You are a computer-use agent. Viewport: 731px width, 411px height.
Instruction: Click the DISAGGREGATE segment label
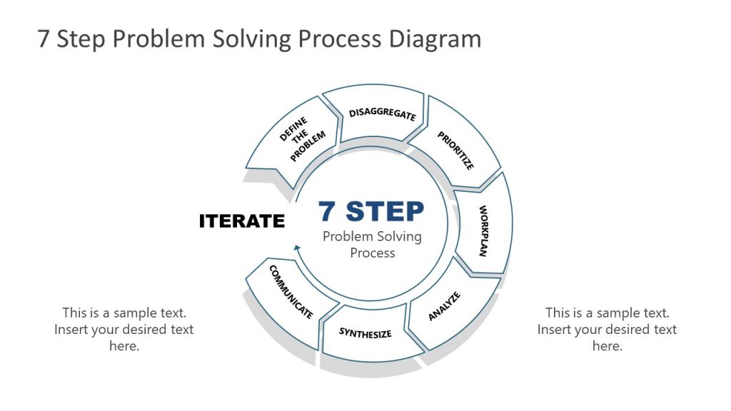point(382,114)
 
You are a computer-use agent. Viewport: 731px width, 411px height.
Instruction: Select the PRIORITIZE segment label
point(455,151)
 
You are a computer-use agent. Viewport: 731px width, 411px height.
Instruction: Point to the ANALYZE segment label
point(444,306)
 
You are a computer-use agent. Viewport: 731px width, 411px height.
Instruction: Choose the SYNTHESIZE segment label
point(365,333)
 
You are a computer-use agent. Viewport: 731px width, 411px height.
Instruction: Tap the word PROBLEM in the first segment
point(308,147)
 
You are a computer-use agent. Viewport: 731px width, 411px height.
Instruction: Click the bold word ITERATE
point(241,221)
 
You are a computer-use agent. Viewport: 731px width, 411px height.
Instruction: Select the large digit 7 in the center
point(327,211)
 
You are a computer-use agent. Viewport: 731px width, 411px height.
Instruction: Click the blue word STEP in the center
point(385,211)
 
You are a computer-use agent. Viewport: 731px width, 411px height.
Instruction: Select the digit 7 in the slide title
point(44,39)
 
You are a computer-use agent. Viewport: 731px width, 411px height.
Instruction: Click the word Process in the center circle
point(372,253)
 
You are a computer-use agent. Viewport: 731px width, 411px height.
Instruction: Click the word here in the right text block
point(607,346)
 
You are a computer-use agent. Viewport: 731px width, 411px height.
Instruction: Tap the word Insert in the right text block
point(555,330)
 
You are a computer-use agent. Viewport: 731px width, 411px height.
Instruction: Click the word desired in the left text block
point(140,330)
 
